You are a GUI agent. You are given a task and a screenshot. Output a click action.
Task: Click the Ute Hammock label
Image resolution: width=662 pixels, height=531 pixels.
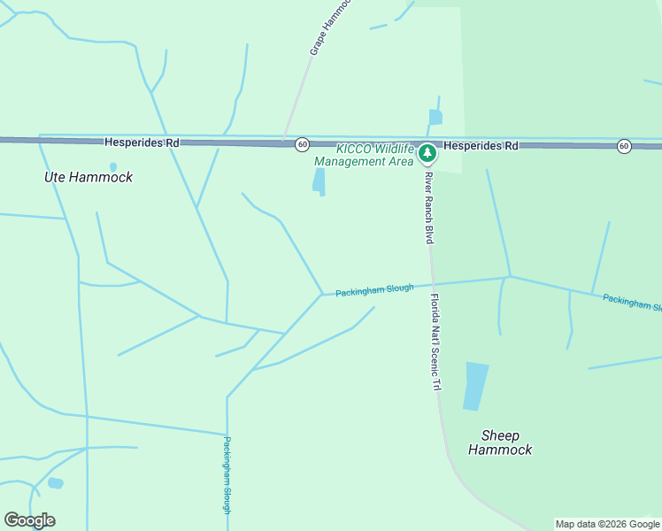tap(89, 177)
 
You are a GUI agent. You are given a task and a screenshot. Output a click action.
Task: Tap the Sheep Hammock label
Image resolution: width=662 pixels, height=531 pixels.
tap(500, 442)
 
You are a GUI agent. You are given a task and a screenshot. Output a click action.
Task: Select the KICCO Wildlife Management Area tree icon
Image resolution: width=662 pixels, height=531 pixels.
tap(427, 154)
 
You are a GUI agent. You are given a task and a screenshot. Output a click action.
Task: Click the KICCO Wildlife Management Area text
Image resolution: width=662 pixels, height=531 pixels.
tap(364, 155)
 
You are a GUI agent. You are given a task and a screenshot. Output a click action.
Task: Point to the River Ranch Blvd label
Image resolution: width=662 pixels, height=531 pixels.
tap(429, 209)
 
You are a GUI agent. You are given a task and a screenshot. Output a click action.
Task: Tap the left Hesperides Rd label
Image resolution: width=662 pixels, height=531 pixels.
tap(142, 142)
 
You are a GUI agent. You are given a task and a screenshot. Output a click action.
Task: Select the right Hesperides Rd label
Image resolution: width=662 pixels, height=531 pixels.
tap(481, 145)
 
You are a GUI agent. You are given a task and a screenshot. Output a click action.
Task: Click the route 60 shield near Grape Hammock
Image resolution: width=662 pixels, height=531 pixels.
tap(302, 143)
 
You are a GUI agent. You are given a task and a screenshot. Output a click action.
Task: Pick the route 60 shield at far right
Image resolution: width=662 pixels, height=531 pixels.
tap(624, 146)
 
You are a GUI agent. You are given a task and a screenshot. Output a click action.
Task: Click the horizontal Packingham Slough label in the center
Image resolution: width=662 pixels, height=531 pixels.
tap(374, 289)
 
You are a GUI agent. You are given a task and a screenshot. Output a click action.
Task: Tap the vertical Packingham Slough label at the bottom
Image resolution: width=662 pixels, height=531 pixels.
tap(227, 475)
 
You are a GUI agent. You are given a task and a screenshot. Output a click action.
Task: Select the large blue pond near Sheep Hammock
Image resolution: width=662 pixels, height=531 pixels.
tap(475, 386)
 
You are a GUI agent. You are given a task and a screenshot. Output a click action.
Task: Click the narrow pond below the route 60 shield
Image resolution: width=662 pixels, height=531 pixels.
tap(319, 181)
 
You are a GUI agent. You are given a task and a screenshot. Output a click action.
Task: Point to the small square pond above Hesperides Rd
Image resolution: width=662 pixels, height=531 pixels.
tap(435, 117)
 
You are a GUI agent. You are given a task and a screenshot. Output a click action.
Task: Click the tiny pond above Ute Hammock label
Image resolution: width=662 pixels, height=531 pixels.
tap(112, 166)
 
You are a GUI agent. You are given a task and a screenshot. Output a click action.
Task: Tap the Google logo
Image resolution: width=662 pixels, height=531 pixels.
tap(29, 520)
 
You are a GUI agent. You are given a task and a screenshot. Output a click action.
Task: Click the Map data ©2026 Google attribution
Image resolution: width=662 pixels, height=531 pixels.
tap(607, 524)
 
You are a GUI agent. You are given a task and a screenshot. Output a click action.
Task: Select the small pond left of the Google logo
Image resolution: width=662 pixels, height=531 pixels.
tap(55, 483)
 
